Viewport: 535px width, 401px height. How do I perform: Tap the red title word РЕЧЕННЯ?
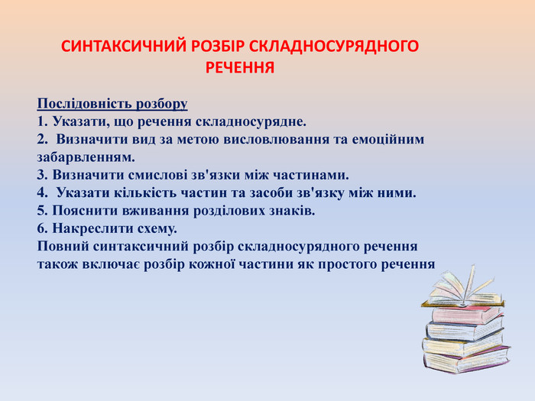[x=240, y=68]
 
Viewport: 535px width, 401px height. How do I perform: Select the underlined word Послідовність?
[x=80, y=103]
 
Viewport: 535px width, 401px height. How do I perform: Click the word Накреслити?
[x=89, y=228]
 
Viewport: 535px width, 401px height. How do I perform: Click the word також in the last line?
[x=57, y=264]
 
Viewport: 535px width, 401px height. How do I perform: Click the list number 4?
[x=41, y=192]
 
